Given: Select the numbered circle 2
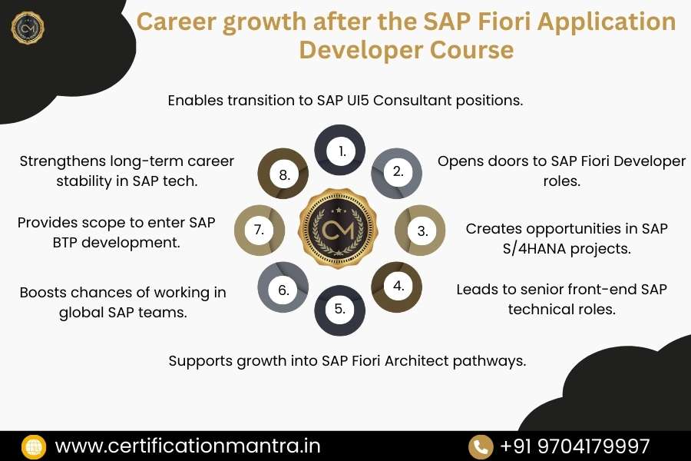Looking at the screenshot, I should tap(398, 171).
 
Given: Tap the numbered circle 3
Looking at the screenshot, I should tap(421, 230).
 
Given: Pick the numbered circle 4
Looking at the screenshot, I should tap(398, 286).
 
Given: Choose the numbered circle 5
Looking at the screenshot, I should tap(340, 310).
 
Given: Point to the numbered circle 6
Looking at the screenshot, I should tap(283, 290).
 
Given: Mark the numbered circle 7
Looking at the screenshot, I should tap(260, 230).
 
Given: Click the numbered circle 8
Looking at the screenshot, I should tap(283, 174).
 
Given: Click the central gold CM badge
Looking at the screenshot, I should tap(340, 230).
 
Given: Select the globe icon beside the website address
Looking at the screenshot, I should tap(33, 446).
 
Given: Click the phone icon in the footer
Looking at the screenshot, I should tap(481, 446).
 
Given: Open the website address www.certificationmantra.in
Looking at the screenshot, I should tap(187, 446).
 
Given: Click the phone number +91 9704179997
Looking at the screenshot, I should tap(574, 446).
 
